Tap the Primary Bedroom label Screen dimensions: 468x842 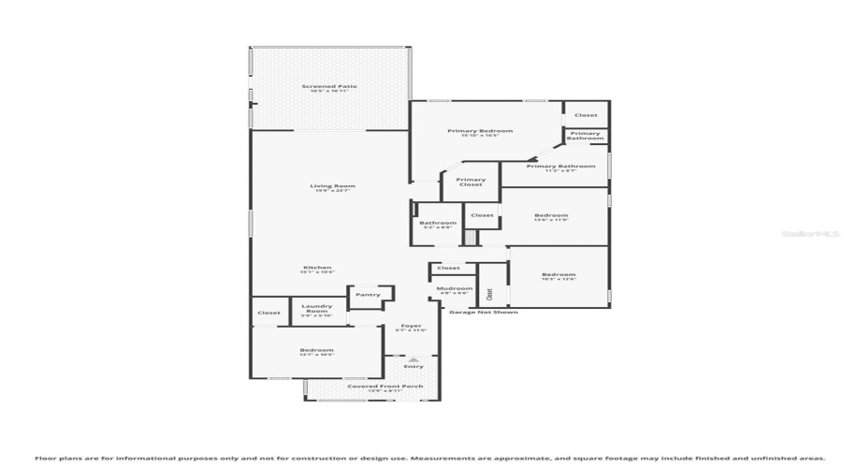(479, 131)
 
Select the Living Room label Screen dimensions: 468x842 (332, 186)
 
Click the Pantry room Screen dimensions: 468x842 (368, 296)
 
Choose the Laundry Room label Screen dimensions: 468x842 (317, 311)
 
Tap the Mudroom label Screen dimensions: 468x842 (453, 289)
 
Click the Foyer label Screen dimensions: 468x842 (411, 327)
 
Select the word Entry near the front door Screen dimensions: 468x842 (413, 366)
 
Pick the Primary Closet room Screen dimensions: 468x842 (471, 182)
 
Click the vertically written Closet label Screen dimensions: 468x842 (489, 292)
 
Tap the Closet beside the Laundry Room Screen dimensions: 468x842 (269, 313)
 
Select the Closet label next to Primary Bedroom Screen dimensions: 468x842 (586, 115)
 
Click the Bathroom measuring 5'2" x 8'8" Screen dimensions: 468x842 (438, 224)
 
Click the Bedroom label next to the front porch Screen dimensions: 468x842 (316, 351)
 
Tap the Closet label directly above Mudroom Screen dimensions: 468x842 (449, 269)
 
